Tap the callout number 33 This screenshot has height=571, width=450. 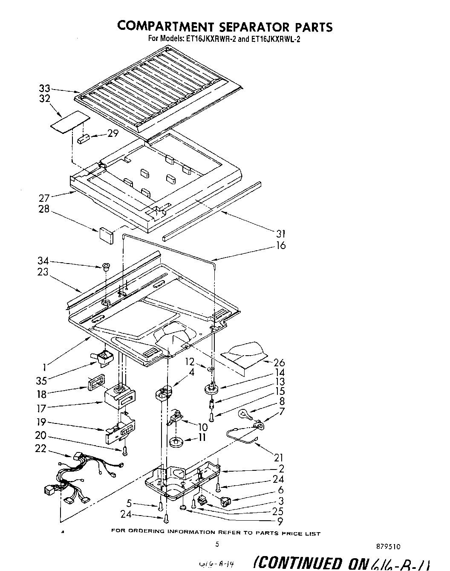[45, 89]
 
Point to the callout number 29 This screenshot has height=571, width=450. [112, 133]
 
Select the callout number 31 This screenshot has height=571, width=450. [281, 234]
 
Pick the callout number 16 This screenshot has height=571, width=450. [281, 246]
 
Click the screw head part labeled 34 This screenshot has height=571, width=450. [105, 267]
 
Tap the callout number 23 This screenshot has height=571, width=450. [43, 272]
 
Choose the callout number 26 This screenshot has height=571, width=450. [280, 363]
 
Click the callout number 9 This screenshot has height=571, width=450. [280, 521]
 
